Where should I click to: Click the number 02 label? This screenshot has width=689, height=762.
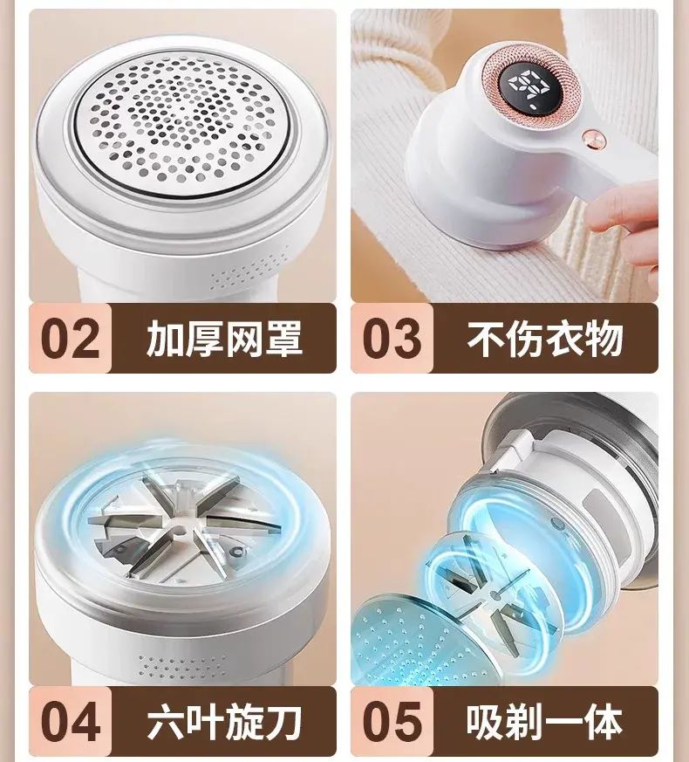[x=71, y=339]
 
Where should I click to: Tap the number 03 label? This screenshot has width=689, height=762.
[x=392, y=339]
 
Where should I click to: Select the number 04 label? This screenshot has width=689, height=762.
[x=71, y=721]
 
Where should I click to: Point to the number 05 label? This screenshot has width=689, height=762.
[x=392, y=721]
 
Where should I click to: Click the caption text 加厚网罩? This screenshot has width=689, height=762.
[x=224, y=339]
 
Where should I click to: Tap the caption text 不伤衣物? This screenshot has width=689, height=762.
[x=545, y=339]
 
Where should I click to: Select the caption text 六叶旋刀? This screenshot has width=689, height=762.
[x=224, y=722]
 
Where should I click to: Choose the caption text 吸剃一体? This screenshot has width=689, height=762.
[x=545, y=722]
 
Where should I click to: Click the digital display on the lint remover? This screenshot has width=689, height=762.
[x=529, y=87]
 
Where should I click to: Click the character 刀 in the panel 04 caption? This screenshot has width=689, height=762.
[x=283, y=722]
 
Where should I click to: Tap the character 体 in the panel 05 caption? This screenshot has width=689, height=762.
[x=604, y=722]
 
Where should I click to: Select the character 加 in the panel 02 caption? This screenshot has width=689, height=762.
[x=165, y=339]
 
